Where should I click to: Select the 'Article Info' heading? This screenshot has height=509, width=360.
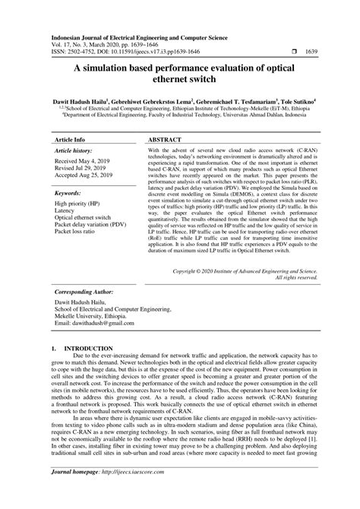click(69, 120)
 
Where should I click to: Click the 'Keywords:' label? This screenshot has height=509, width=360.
click(69, 172)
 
